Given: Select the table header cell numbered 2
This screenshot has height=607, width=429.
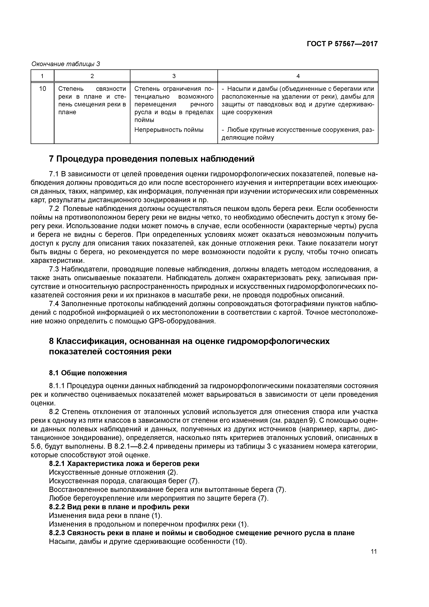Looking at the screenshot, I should pyautogui.click(x=92, y=76).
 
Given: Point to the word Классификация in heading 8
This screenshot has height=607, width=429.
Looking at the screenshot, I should pyautogui.click(x=85, y=341).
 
